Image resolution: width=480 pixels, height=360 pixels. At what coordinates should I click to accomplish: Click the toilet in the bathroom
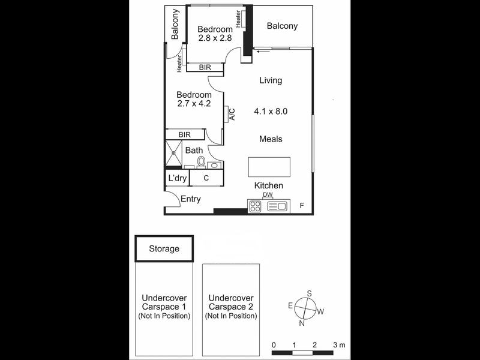pyautogui.click(x=201, y=162)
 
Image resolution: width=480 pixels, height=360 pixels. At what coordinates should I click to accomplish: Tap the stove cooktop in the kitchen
pyautogui.click(x=255, y=206)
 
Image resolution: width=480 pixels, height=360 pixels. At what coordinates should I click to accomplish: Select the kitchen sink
pyautogui.click(x=277, y=206)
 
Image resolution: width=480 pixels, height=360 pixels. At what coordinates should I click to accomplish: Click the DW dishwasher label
pyautogui.click(x=268, y=194)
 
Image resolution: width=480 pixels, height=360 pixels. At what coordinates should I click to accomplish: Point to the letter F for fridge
pyautogui.click(x=302, y=205)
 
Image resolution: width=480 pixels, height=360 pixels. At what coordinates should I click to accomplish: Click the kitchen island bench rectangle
pyautogui.click(x=269, y=167)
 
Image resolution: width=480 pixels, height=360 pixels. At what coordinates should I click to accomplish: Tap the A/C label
pyautogui.click(x=232, y=114)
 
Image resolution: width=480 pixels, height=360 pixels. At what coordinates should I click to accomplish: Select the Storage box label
pyautogui.click(x=164, y=248)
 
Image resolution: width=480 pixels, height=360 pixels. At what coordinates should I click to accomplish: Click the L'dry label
pyautogui.click(x=177, y=178)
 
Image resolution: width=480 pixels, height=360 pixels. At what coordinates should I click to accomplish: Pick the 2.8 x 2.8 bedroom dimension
pyautogui.click(x=215, y=38)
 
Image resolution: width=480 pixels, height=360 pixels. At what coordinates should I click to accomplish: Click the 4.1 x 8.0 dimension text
pyautogui.click(x=271, y=111)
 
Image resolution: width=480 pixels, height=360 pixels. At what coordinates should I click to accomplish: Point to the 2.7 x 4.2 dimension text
pyautogui.click(x=194, y=103)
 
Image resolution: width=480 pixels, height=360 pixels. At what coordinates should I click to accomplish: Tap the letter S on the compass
pyautogui.click(x=309, y=293)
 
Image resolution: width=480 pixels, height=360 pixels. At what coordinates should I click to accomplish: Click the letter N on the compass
pyautogui.click(x=302, y=323)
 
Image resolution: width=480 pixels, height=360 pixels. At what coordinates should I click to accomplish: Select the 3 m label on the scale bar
pyautogui.click(x=339, y=345)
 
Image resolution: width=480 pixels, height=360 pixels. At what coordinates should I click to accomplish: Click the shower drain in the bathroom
pyautogui.click(x=173, y=152)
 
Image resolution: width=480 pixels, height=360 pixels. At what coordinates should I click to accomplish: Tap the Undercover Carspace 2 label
pyautogui.click(x=231, y=302)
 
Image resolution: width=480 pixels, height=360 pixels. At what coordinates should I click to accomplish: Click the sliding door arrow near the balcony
pyautogui.click(x=263, y=52)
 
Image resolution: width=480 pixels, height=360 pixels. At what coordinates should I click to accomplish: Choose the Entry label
pyautogui.click(x=191, y=199)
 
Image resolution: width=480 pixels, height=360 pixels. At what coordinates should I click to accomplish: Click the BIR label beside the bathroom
pyautogui.click(x=185, y=134)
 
